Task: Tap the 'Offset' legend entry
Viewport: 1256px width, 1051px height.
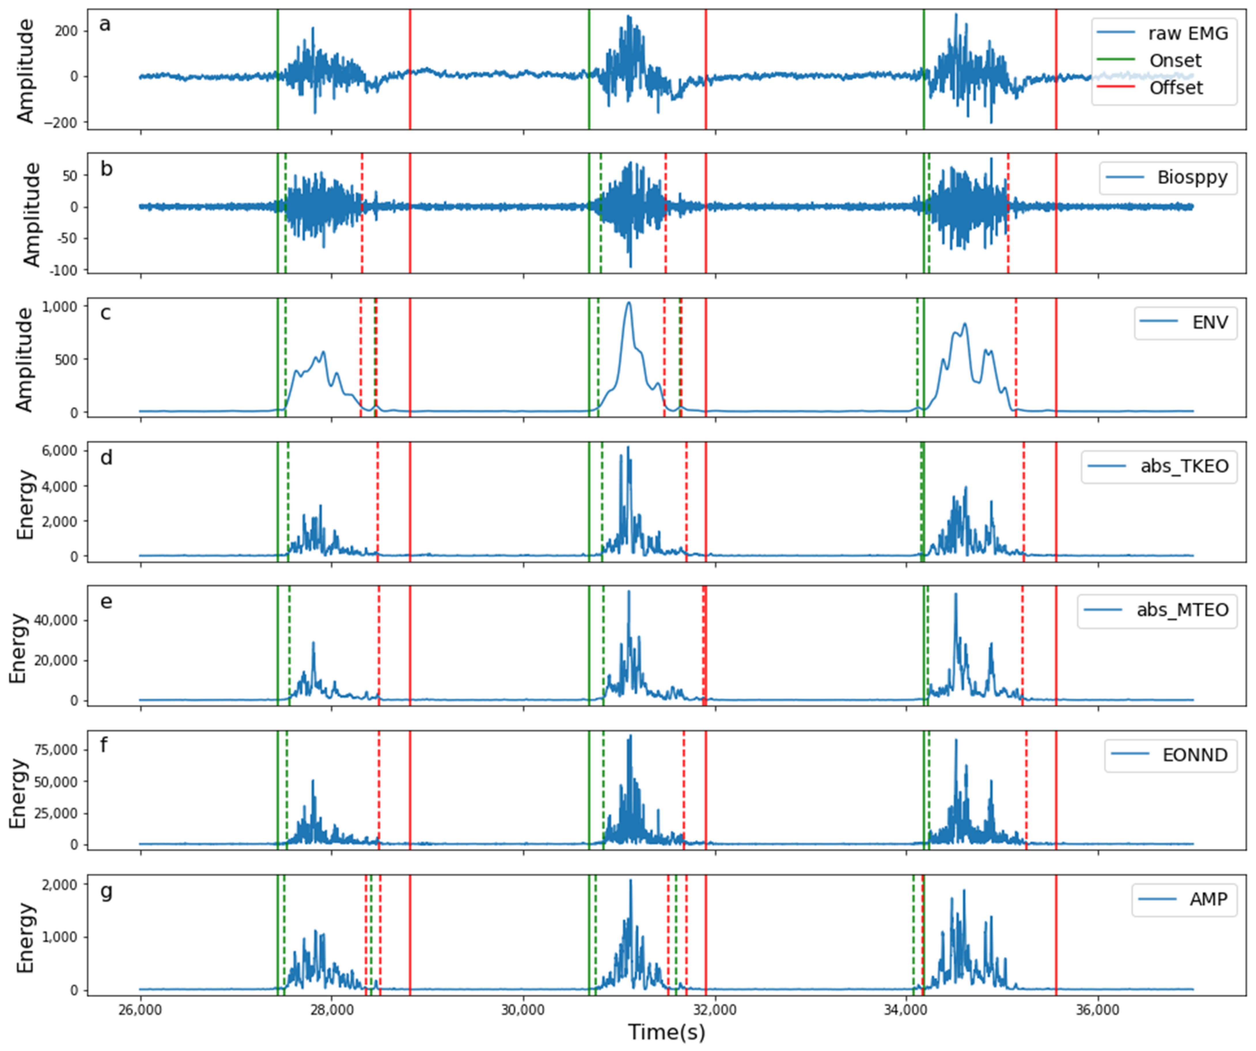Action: (x=1176, y=88)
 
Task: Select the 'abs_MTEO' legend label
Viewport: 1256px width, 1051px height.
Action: (x=1183, y=610)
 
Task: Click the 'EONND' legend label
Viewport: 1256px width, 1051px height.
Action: (x=1194, y=755)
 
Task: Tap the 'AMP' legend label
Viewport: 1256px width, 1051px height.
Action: (x=1208, y=899)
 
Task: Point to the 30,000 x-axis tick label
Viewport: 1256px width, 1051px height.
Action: (x=523, y=1010)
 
